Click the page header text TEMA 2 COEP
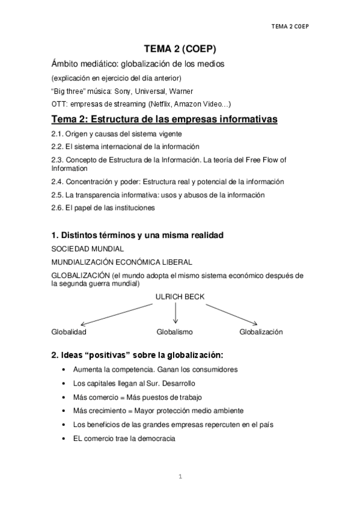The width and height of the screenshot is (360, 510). tap(294, 26)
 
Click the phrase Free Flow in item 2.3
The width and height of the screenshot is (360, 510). tap(260, 159)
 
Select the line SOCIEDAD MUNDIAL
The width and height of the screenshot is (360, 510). tap(88, 248)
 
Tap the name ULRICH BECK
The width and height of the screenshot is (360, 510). tap(175, 296)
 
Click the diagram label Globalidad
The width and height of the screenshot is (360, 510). tap(69, 332)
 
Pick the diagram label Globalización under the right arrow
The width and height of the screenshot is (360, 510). tap(261, 332)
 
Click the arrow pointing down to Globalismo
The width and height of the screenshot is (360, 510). tap(175, 313)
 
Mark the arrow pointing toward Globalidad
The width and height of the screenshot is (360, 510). tap(114, 315)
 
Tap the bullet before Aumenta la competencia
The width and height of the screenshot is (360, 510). tap(64, 369)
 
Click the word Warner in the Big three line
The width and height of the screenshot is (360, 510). tap(181, 91)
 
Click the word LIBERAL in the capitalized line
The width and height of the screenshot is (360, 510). tap(175, 262)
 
